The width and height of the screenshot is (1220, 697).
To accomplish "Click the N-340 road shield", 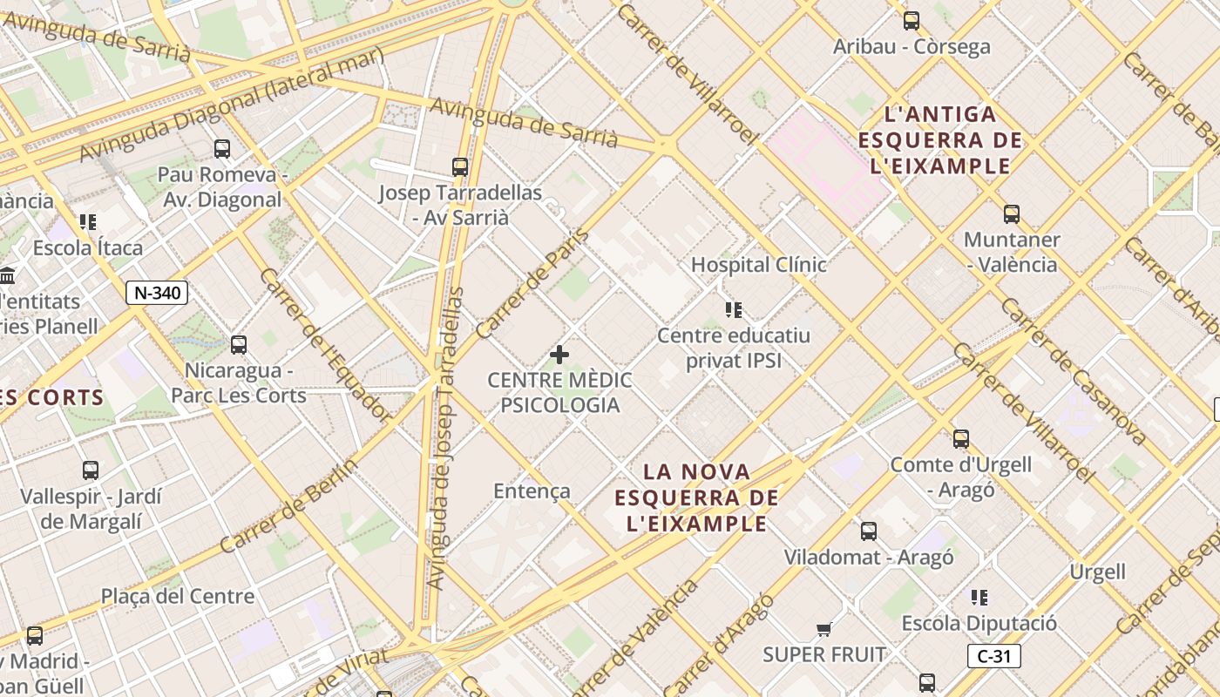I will [157, 293].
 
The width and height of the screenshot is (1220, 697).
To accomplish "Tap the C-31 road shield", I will [993, 656].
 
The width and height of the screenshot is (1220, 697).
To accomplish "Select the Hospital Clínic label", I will [758, 265].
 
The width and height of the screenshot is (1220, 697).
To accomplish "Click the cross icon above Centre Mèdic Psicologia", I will [559, 355].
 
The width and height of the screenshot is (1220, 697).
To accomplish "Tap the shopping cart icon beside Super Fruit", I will [823, 629].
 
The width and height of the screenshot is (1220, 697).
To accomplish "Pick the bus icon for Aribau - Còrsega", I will [912, 21].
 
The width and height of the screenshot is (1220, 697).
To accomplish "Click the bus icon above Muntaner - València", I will [1011, 213].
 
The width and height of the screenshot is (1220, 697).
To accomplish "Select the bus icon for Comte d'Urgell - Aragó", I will [961, 439].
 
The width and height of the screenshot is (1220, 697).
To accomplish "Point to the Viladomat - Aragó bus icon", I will [869, 531].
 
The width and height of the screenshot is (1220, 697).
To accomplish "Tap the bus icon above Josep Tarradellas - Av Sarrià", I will [460, 166].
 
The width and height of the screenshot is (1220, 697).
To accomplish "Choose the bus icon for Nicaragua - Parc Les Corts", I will [239, 345].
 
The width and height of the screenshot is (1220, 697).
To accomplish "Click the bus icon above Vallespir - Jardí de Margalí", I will [91, 470].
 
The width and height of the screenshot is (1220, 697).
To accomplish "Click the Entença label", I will [532, 491].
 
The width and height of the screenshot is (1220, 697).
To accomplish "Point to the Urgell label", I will [1097, 572].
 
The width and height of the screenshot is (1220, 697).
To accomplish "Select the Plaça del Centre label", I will [178, 597].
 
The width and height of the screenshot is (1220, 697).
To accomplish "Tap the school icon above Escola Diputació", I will [979, 598].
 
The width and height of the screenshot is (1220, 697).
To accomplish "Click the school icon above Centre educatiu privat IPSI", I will [734, 309].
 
